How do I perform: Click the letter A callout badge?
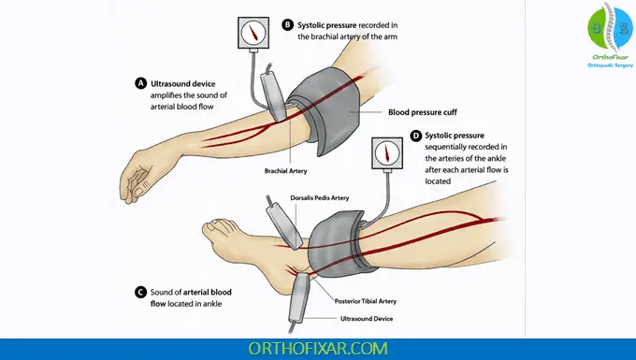[141, 83]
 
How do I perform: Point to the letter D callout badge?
[415, 136]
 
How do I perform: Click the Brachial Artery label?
[293, 171]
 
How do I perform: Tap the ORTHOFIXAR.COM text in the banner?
[317, 348]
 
